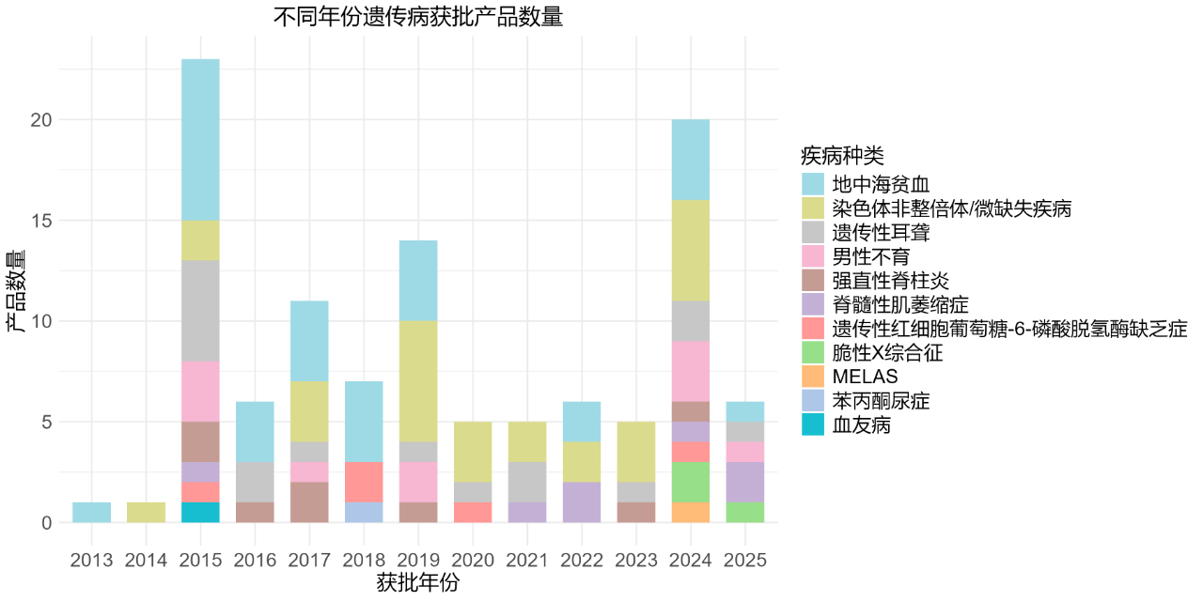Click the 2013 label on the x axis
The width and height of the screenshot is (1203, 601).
click(91, 561)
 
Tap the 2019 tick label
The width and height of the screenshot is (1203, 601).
click(418, 561)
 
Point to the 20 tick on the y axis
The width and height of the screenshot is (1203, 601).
click(41, 120)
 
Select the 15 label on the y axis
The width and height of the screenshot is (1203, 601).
click(41, 221)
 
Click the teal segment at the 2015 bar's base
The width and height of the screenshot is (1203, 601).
click(200, 513)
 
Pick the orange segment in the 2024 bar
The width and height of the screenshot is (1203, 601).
click(691, 513)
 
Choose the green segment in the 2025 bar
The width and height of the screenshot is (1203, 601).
click(745, 513)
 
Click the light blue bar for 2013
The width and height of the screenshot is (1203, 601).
click(91, 513)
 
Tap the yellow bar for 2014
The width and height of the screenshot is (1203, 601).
click(146, 513)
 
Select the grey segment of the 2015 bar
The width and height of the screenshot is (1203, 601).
click(200, 311)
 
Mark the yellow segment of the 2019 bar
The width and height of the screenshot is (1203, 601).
click(418, 381)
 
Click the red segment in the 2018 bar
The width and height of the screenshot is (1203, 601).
click(364, 482)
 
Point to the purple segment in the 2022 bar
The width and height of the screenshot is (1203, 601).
click(582, 502)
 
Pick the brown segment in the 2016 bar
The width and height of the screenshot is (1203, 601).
click(255, 513)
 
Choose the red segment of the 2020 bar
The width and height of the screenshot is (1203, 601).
click(473, 513)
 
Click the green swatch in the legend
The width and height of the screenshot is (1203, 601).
click(813, 352)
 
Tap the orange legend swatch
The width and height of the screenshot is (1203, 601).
click(813, 377)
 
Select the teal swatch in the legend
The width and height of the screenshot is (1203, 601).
click(813, 424)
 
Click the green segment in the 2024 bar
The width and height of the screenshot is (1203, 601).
click(691, 482)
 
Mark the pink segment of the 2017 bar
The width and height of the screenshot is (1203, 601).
click(309, 471)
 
